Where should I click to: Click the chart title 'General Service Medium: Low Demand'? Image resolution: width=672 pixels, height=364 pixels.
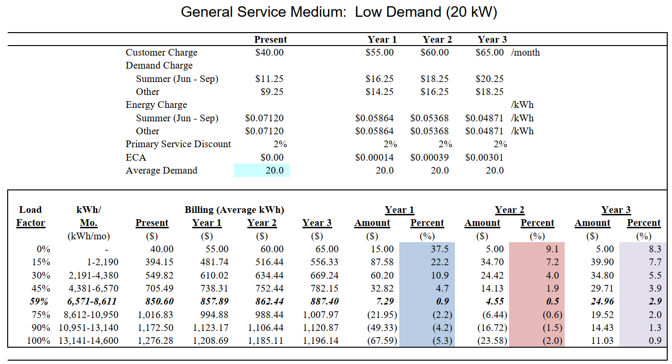(339, 12)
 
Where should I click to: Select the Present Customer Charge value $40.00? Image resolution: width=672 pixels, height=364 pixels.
(269, 52)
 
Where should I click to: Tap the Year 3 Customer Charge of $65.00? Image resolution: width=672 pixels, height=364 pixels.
(489, 52)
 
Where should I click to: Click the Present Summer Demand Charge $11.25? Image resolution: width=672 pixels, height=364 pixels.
(269, 79)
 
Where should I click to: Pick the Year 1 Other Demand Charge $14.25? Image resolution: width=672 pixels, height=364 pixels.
(379, 92)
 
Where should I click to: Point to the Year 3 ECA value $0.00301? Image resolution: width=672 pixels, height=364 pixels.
(484, 157)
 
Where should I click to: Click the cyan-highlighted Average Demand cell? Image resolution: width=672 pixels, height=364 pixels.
(262, 170)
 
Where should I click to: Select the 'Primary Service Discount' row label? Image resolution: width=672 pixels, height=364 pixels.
(178, 144)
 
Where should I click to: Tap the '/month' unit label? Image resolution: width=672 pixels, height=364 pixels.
(525, 52)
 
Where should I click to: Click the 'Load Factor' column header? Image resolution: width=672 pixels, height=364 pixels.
(31, 216)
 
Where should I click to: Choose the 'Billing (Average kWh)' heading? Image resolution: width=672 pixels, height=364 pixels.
(234, 210)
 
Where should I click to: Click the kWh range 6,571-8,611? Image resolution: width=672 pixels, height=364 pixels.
(91, 302)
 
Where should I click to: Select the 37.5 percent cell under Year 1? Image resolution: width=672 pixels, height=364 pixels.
(427, 249)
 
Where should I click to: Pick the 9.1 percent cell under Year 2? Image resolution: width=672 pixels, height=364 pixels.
(537, 249)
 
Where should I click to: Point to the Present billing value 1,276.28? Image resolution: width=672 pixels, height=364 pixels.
(155, 341)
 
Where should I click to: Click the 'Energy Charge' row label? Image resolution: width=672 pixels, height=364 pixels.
(156, 105)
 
